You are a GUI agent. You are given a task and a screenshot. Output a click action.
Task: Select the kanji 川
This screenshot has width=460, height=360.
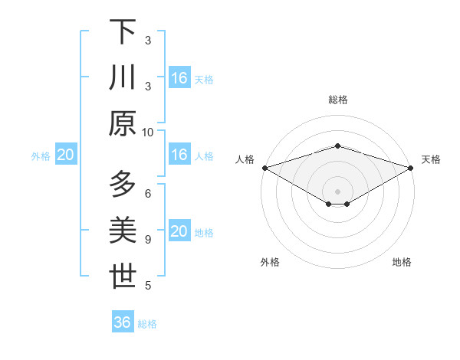tap(123, 77)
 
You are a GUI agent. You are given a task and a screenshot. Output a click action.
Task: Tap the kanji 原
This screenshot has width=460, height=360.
tap(123, 123)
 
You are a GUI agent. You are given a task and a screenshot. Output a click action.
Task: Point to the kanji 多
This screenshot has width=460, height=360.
tap(123, 185)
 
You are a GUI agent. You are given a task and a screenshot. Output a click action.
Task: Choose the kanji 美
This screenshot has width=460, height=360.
tap(123, 231)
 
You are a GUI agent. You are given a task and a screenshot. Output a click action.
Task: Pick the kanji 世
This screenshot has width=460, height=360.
tap(123, 277)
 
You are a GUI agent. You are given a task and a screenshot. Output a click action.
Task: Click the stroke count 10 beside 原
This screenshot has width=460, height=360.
tap(148, 132)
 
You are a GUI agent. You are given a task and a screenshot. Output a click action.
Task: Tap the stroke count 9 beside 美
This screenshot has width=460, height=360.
tap(148, 240)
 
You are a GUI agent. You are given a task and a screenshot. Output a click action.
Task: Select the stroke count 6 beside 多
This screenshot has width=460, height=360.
tap(148, 193)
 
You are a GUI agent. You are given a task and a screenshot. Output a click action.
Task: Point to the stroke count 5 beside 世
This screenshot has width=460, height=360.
tap(148, 286)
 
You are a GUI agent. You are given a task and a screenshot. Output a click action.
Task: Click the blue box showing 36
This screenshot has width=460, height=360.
tap(123, 322)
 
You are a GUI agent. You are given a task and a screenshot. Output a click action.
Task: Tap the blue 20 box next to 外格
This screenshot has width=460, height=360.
tap(65, 155)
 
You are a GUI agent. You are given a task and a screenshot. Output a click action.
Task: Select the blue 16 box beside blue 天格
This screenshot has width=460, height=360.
tap(179, 77)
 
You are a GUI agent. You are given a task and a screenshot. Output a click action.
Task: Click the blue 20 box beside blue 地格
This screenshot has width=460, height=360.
tap(179, 231)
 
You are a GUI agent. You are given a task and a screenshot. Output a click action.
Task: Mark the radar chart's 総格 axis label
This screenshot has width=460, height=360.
tap(337, 100)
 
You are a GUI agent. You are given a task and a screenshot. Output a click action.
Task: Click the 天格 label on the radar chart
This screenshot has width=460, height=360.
tap(431, 159)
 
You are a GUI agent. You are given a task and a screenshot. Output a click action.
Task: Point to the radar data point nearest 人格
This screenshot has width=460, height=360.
tap(264, 167)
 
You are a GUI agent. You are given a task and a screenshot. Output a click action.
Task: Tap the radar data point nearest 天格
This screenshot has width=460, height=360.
tap(411, 167)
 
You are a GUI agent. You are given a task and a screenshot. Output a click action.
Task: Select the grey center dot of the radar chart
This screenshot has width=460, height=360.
tap(337, 191)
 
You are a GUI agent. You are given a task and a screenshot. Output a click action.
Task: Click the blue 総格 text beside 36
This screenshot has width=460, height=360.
tap(147, 324)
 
